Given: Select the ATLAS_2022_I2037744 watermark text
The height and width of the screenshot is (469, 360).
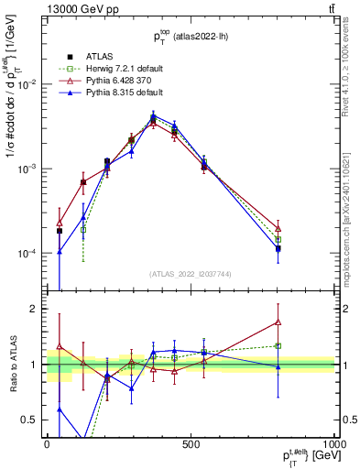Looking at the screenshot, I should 190,274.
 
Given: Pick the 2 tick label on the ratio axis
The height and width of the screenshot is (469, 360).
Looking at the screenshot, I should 36,309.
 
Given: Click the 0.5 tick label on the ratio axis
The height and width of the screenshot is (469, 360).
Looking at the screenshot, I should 32,420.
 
